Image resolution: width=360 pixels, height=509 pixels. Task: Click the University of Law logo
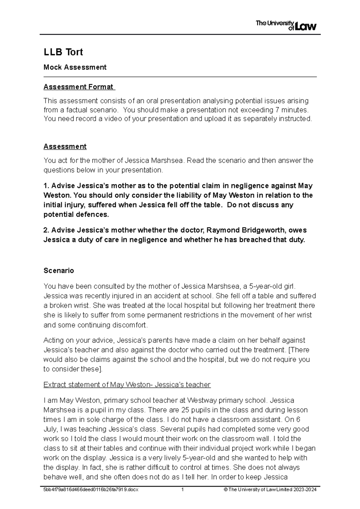click(x=286, y=25)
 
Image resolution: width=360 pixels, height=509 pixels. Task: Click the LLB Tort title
click(x=63, y=52)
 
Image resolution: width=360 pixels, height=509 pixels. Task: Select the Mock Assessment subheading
click(x=75, y=67)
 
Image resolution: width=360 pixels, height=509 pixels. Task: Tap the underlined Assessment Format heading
click(x=79, y=87)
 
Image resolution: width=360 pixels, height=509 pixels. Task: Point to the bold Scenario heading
click(x=59, y=271)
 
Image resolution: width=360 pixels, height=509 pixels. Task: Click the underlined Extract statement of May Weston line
click(x=127, y=385)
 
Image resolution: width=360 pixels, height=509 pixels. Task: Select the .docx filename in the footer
click(x=91, y=490)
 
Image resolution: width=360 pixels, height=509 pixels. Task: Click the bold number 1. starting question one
click(x=46, y=186)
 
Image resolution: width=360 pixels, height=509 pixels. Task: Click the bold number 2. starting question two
click(x=46, y=230)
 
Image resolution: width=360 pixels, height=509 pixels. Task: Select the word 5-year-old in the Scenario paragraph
click(x=268, y=286)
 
